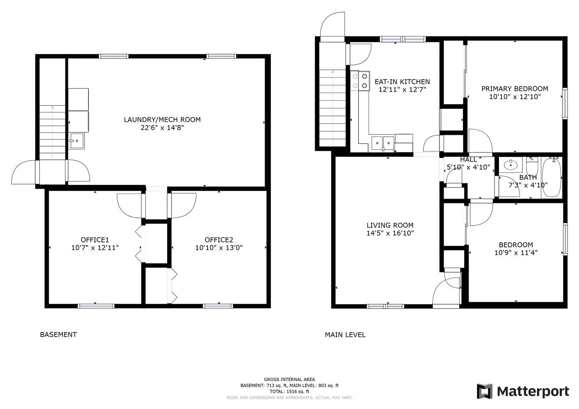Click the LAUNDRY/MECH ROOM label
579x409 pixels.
[162, 120]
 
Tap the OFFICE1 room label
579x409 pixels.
[95, 240]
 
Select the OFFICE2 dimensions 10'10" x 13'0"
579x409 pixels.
[219, 248]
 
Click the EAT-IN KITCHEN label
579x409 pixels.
[402, 81]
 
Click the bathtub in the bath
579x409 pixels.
[552, 177]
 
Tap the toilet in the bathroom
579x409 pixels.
[532, 165]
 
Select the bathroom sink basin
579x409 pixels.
[510, 165]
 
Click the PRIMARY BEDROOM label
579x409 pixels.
[515, 89]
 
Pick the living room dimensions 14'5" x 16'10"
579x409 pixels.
[390, 233]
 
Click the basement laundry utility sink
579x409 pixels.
[77, 141]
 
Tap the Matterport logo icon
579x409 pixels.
[484, 391]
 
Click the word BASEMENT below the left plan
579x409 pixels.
[58, 335]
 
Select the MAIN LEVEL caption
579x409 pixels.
[345, 335]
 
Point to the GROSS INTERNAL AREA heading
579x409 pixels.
[289, 379]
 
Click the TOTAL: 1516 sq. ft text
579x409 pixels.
[289, 392]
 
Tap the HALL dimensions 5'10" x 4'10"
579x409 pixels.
[468, 167]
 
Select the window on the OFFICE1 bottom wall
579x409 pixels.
[96, 306]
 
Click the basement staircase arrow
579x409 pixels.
[52, 132]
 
